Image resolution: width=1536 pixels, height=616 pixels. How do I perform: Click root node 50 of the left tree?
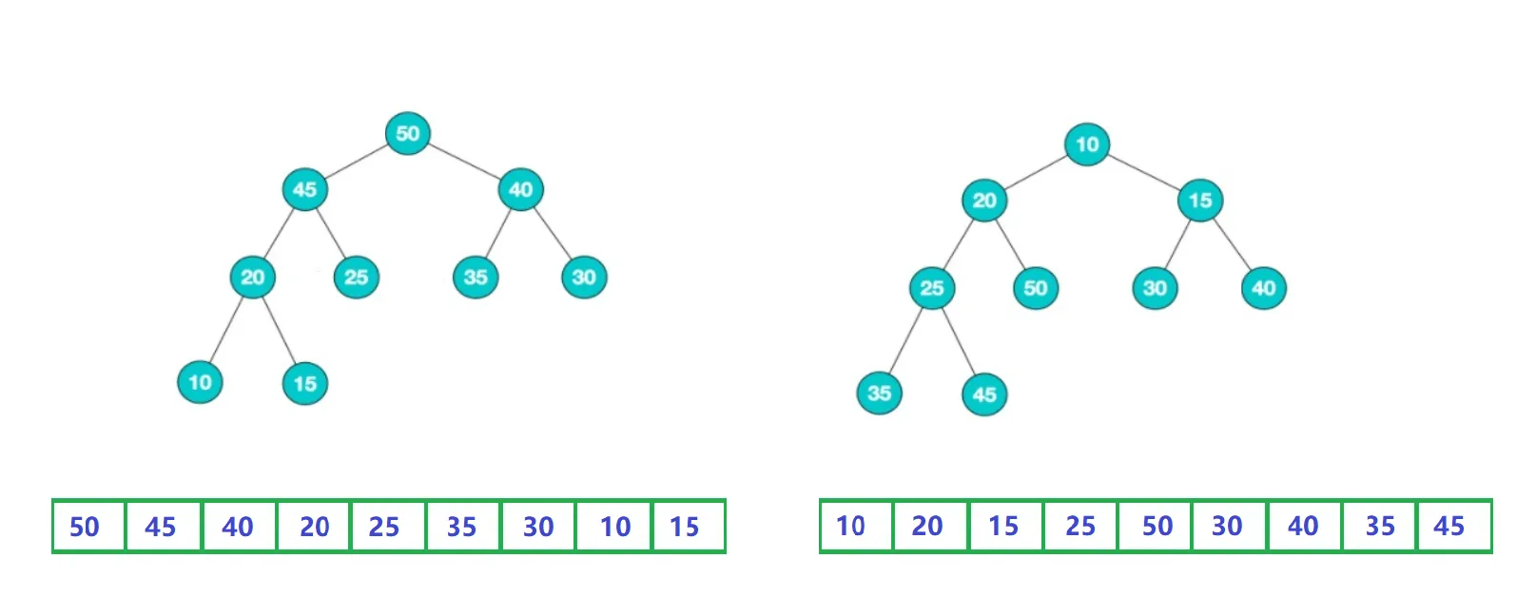tap(407, 133)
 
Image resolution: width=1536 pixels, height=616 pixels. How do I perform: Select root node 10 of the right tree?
tap(1086, 144)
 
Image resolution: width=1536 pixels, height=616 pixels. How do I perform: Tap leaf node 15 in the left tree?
tap(304, 383)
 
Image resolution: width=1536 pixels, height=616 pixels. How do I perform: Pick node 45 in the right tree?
tap(984, 395)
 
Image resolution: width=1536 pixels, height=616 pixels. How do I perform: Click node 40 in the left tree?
tap(520, 189)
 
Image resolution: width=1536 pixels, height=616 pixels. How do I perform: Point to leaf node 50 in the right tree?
tap(1035, 288)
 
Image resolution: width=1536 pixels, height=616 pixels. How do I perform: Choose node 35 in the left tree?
tap(476, 278)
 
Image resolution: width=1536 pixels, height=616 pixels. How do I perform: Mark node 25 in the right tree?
tap(932, 288)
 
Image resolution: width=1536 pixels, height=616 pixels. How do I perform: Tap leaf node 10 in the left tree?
tap(200, 382)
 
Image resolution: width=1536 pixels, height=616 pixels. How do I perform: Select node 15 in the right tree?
tap(1199, 201)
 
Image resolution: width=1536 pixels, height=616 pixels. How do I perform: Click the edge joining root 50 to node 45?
tap(356, 162)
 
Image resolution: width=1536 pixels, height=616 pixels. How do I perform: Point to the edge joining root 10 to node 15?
tap(1143, 172)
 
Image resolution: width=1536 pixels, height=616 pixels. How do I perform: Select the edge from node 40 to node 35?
tap(497, 234)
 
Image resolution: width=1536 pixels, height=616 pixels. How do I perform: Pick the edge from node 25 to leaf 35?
tap(905, 341)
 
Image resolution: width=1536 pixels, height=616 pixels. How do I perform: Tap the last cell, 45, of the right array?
tap(1452, 526)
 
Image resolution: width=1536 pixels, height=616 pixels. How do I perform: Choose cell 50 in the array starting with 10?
tap(1156, 526)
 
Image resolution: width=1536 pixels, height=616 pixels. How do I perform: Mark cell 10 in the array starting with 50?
tap(613, 526)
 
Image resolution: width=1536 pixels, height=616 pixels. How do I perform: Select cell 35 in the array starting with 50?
tap(463, 526)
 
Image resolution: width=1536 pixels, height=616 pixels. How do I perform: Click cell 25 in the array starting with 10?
tap(1080, 526)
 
